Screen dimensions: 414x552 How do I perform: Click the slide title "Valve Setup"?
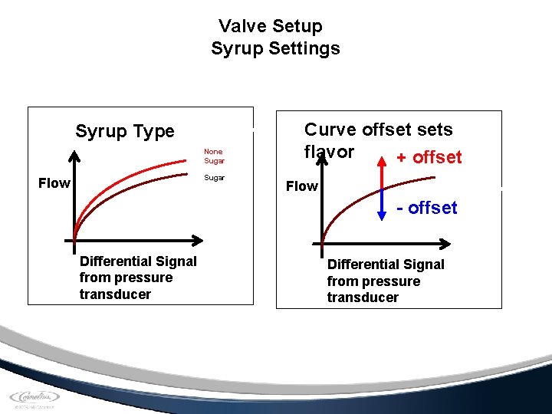(270, 26)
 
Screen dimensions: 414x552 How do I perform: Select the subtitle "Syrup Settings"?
(275, 49)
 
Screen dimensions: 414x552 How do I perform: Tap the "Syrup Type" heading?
(125, 131)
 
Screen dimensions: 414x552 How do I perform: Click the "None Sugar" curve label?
(214, 156)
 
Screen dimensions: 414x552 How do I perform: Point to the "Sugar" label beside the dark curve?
(214, 177)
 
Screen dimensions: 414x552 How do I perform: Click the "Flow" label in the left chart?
(54, 183)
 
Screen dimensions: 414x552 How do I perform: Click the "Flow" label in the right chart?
(301, 186)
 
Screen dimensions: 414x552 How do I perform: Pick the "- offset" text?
(427, 208)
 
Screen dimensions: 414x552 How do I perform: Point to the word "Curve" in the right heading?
(330, 130)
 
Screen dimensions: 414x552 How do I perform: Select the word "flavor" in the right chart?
(329, 152)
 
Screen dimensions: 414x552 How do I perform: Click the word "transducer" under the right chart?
(363, 297)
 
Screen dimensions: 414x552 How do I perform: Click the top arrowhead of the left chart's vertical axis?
(74, 154)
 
